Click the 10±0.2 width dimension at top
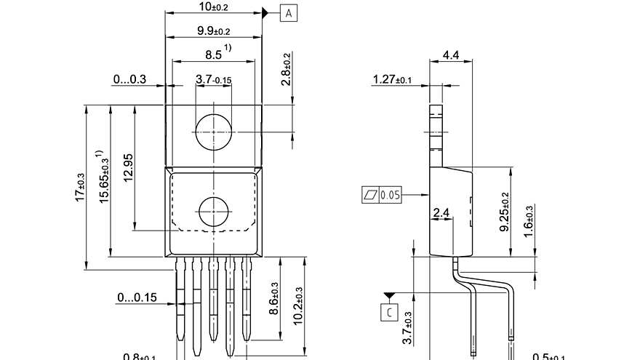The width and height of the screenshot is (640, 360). [x=213, y=7]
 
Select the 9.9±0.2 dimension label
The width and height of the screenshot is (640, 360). [x=213, y=31]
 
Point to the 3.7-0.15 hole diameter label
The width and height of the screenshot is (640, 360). [x=213, y=79]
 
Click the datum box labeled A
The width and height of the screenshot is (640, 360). [x=289, y=13]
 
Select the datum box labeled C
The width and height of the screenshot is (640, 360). [x=389, y=313]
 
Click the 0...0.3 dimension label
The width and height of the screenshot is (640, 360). [x=129, y=79]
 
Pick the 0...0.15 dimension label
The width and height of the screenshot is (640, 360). [x=137, y=297]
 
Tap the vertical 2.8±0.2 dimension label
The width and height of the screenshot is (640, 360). [x=286, y=70]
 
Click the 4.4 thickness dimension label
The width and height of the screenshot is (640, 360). [x=451, y=55]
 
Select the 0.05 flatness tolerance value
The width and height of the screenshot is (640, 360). [x=391, y=195]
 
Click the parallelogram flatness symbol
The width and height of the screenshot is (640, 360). [x=370, y=195]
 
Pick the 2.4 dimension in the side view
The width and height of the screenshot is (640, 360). [x=441, y=213]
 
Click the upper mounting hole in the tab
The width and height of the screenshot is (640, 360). [x=213, y=132]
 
